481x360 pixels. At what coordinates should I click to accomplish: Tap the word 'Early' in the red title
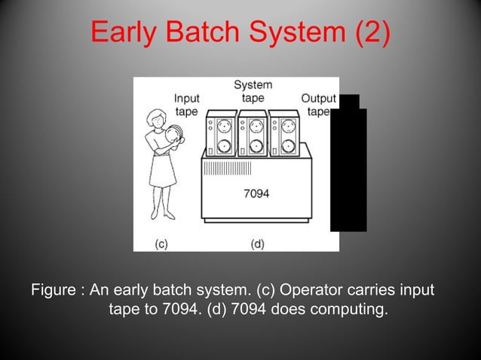click(123, 33)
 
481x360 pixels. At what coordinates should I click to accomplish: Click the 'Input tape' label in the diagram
click(186, 105)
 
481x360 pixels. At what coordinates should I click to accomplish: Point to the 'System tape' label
click(253, 92)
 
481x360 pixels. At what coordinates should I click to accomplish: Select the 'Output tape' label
click(318, 105)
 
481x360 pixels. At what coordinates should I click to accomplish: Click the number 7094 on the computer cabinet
click(257, 193)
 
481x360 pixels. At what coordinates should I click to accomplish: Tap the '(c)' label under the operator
click(161, 243)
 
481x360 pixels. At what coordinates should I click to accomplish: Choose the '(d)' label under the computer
click(257, 243)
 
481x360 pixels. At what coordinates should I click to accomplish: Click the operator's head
click(158, 117)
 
